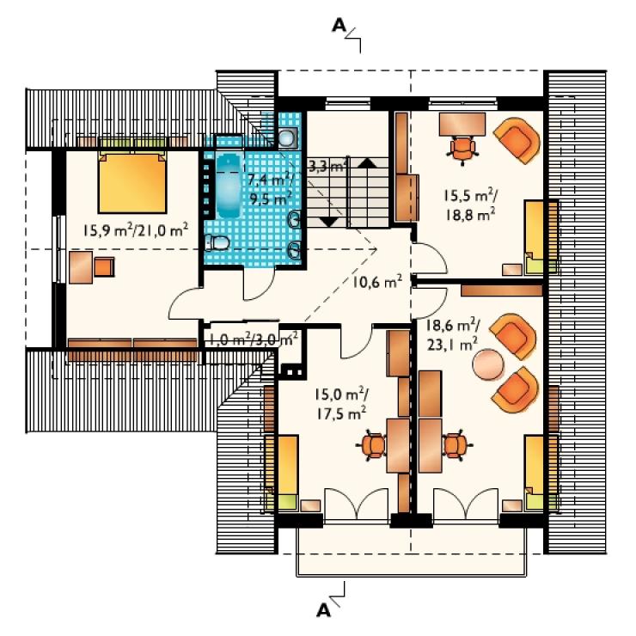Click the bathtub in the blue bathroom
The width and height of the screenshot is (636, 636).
coord(229,186)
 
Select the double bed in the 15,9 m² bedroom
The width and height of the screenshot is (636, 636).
coord(132,181)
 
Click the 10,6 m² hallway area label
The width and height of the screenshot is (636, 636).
coord(376,281)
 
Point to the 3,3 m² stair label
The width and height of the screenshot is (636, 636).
coord(327,166)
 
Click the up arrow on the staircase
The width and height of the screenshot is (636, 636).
coord(368,162)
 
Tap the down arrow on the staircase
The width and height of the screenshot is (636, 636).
coord(329,222)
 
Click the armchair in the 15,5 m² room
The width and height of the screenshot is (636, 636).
coord(517,140)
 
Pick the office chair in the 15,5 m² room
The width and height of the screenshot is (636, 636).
coord(462,149)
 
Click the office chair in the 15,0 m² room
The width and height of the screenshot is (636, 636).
coord(372,446)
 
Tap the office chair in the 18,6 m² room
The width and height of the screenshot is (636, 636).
coord(456,445)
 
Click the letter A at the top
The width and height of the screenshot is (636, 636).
coord(339,25)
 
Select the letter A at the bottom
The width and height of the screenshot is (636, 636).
coord(323,610)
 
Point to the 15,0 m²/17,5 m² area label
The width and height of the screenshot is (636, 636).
coord(341,404)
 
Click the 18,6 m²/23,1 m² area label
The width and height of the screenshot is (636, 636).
coord(453,334)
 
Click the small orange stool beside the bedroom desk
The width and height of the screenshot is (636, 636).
coord(104,267)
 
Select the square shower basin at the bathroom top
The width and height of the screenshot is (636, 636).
coord(288,138)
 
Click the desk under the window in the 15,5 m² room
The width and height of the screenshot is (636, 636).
coord(462,124)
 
